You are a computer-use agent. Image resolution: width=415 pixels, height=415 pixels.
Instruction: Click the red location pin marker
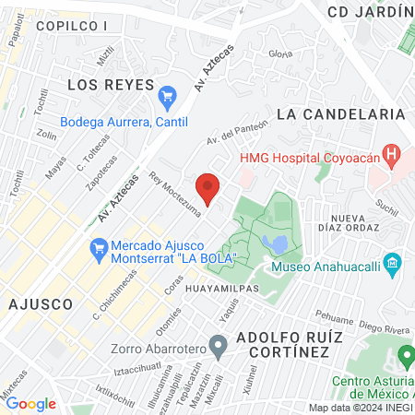coord(208,187)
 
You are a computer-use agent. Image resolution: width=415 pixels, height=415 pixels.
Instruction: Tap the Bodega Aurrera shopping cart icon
coord(167,95)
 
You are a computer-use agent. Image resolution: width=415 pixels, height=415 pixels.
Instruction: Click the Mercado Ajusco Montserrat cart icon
coord(97,248)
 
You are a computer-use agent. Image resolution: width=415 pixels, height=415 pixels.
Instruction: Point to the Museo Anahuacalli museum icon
coord(394,267)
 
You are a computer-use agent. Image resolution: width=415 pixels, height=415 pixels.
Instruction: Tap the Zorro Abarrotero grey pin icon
coord(219,349)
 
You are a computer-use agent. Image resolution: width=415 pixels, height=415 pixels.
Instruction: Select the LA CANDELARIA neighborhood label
coord(340,113)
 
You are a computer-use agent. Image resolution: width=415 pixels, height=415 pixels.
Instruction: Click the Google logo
coord(30,403)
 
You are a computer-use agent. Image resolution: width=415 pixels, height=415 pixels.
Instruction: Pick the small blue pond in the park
coord(275,243)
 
